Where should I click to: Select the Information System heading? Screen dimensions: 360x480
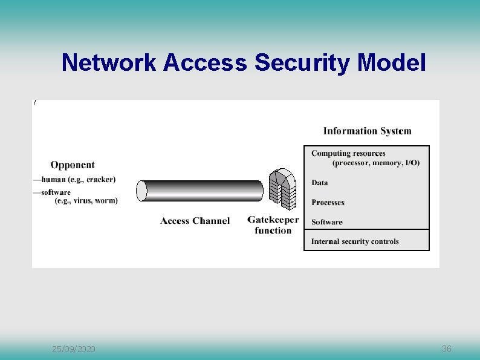point(367,131)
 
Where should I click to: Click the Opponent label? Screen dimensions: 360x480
point(73,165)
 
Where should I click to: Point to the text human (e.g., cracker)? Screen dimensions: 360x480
point(79,179)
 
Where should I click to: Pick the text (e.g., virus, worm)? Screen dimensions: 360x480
point(86,201)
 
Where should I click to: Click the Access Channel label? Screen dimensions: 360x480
point(195,221)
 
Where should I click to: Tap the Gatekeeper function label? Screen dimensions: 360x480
point(273,224)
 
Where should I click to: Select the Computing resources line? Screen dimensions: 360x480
point(348,153)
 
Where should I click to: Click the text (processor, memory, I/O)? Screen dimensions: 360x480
point(376,163)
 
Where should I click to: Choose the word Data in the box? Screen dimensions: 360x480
point(320,183)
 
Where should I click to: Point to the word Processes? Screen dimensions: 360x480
point(328,203)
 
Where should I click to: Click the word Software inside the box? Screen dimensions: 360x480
point(326,222)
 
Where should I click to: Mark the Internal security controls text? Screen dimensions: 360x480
point(355,241)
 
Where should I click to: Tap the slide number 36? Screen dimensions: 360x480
point(447,349)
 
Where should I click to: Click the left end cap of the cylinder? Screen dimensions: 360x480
point(142,191)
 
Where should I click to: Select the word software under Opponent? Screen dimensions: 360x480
point(56,192)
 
